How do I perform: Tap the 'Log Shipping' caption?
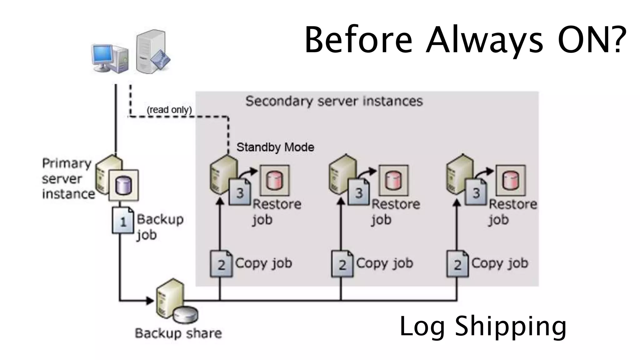tap(483, 327)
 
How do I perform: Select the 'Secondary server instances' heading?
tap(334, 101)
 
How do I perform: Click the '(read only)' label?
tap(169, 110)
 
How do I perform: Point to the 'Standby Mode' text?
tap(275, 147)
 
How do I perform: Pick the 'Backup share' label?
tap(178, 333)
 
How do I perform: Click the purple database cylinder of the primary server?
tap(123, 185)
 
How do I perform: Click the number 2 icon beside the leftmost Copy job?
tap(221, 264)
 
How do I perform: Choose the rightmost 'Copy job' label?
tap(499, 263)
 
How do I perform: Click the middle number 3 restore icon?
tap(358, 192)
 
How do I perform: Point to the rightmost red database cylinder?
tap(510, 181)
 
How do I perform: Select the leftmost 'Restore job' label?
tap(276, 212)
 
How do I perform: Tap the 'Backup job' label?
tap(159, 227)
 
